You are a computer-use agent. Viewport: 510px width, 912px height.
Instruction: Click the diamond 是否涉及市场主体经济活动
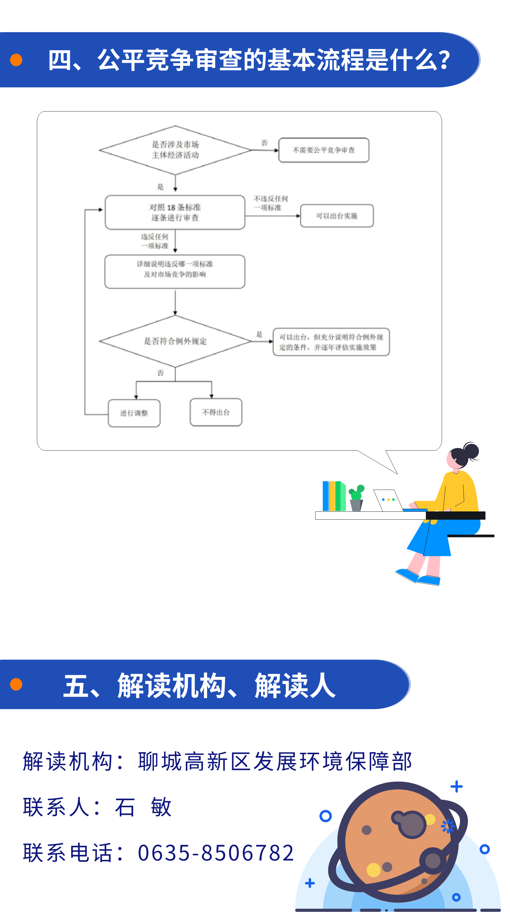(x=175, y=150)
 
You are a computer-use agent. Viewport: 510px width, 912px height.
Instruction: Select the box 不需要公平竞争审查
(x=324, y=150)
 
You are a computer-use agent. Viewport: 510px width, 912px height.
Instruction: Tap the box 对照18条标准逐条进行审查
(x=175, y=212)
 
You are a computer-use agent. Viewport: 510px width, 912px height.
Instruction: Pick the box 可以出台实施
(x=337, y=216)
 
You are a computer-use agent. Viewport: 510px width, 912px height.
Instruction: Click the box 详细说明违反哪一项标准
(x=175, y=271)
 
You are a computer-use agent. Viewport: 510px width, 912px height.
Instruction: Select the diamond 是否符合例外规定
(x=175, y=341)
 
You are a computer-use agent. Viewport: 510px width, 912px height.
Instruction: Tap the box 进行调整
(x=134, y=413)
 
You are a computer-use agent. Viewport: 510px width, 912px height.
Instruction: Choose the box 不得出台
(x=216, y=412)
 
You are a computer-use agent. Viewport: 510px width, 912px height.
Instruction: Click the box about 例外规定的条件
(x=331, y=342)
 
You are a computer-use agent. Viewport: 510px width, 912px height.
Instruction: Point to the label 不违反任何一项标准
(x=271, y=203)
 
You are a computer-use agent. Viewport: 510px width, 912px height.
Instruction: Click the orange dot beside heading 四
(x=16, y=60)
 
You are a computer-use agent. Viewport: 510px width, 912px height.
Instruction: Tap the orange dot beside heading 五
(x=16, y=684)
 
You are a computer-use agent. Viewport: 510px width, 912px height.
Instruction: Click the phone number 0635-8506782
(x=216, y=853)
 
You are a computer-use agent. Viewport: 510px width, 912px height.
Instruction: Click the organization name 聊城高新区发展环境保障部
(x=275, y=762)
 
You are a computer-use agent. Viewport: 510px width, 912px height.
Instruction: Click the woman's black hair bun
(x=471, y=450)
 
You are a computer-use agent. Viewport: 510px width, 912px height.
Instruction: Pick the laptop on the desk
(x=388, y=500)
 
